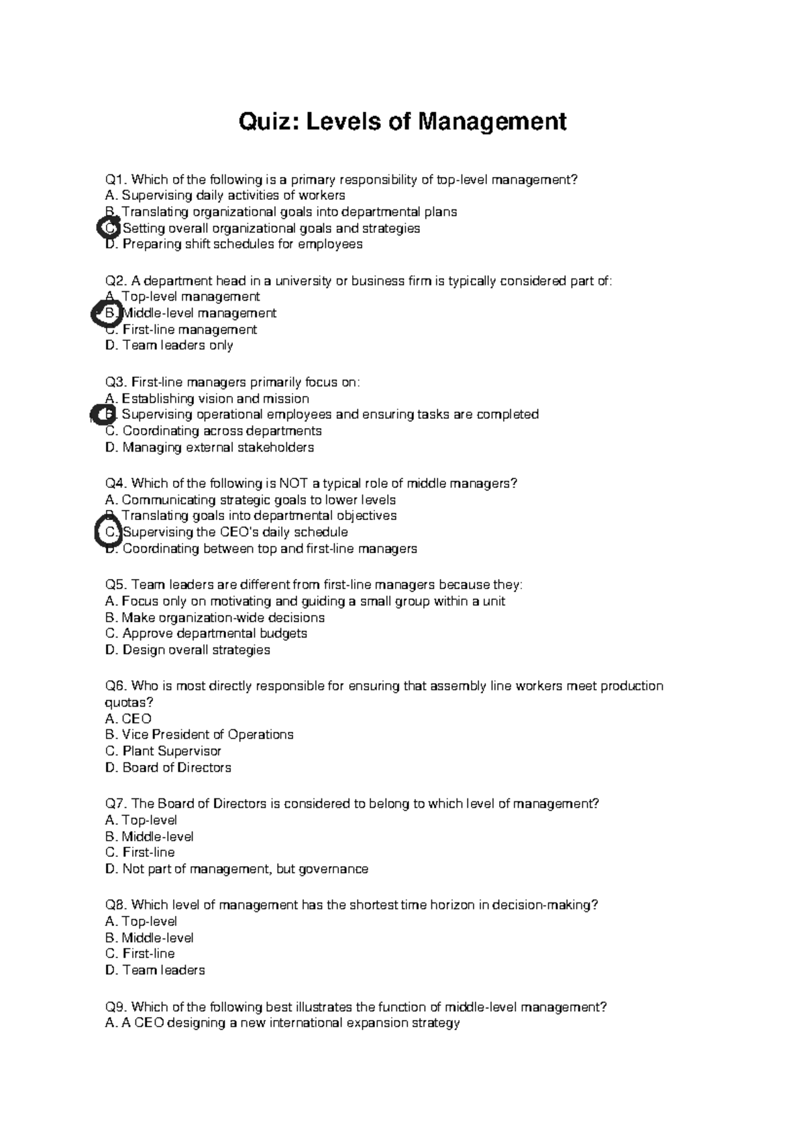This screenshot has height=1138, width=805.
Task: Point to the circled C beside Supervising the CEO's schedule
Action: click(108, 532)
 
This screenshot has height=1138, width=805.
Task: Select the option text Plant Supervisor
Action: click(172, 751)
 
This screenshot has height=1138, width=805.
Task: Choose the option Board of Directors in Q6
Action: click(176, 768)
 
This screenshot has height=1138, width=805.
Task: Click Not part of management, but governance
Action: click(245, 869)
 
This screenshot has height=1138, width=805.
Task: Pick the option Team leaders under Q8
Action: click(164, 970)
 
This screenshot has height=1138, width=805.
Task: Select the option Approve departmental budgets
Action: click(215, 633)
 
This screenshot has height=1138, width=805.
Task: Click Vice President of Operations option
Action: click(207, 735)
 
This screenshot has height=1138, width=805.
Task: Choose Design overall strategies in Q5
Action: click(196, 650)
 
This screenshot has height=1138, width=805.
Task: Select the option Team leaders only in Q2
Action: click(178, 346)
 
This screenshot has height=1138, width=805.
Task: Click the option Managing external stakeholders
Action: click(218, 448)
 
